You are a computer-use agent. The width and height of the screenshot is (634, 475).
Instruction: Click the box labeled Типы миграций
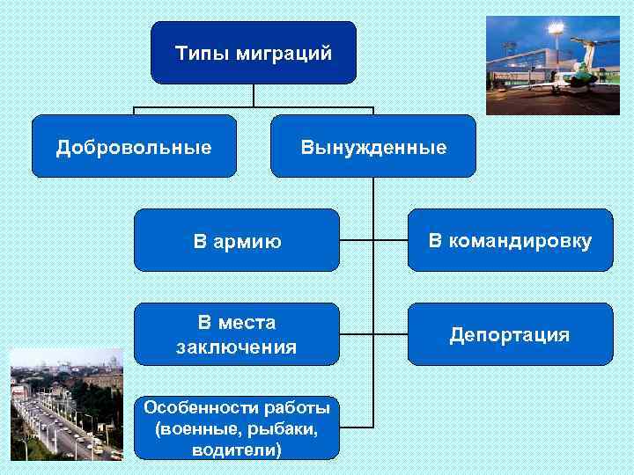pyautogui.click(x=254, y=53)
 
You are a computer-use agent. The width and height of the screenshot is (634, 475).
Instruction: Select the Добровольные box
pyautogui.click(x=134, y=146)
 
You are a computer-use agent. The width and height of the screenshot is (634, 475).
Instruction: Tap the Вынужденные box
pyautogui.click(x=373, y=146)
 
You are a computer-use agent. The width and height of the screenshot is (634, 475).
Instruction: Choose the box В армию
pyautogui.click(x=236, y=239)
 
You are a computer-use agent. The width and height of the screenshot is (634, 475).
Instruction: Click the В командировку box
pyautogui.click(x=510, y=239)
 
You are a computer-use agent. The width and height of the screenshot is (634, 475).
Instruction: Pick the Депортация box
pyautogui.click(x=510, y=334)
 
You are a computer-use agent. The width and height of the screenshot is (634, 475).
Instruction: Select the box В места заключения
pyautogui.click(x=236, y=334)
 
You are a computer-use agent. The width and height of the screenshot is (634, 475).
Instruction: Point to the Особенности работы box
pyautogui.click(x=236, y=428)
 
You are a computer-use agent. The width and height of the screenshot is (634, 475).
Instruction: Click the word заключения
pyautogui.click(x=236, y=347)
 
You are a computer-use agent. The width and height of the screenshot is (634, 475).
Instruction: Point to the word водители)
pyautogui.click(x=236, y=450)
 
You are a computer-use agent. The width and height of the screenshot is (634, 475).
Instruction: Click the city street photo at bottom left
pyautogui.click(x=66, y=405)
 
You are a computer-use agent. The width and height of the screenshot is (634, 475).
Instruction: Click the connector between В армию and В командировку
pyautogui.click(x=373, y=239)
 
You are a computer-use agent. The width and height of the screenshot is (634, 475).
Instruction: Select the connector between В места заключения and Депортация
pyautogui.click(x=373, y=334)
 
